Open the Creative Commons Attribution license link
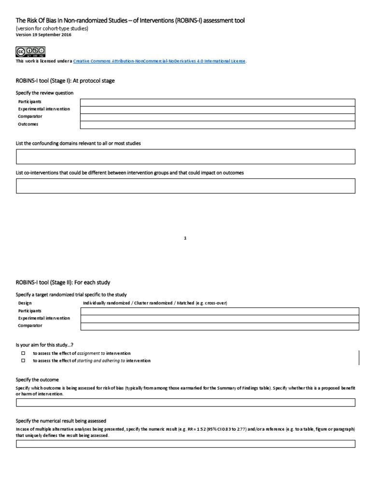coord(159,61)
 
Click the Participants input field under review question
coord(217,102)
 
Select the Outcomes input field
coord(217,125)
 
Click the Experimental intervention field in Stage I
coord(217,109)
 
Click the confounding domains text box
coord(185,157)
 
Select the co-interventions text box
coord(185,186)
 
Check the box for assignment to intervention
coord(22,353)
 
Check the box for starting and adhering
coord(22,361)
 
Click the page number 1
coord(185,238)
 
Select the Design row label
coord(25,303)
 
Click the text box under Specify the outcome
coord(185,402)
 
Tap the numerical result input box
coord(185,444)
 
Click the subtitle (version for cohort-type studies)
coord(52,29)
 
